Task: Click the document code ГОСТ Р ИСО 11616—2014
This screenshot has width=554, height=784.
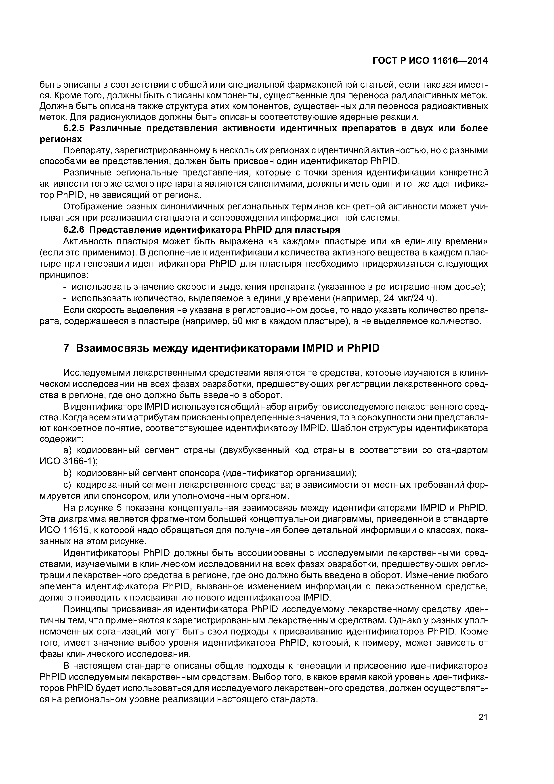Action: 430,61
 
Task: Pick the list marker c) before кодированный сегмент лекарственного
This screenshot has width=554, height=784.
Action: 68,485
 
